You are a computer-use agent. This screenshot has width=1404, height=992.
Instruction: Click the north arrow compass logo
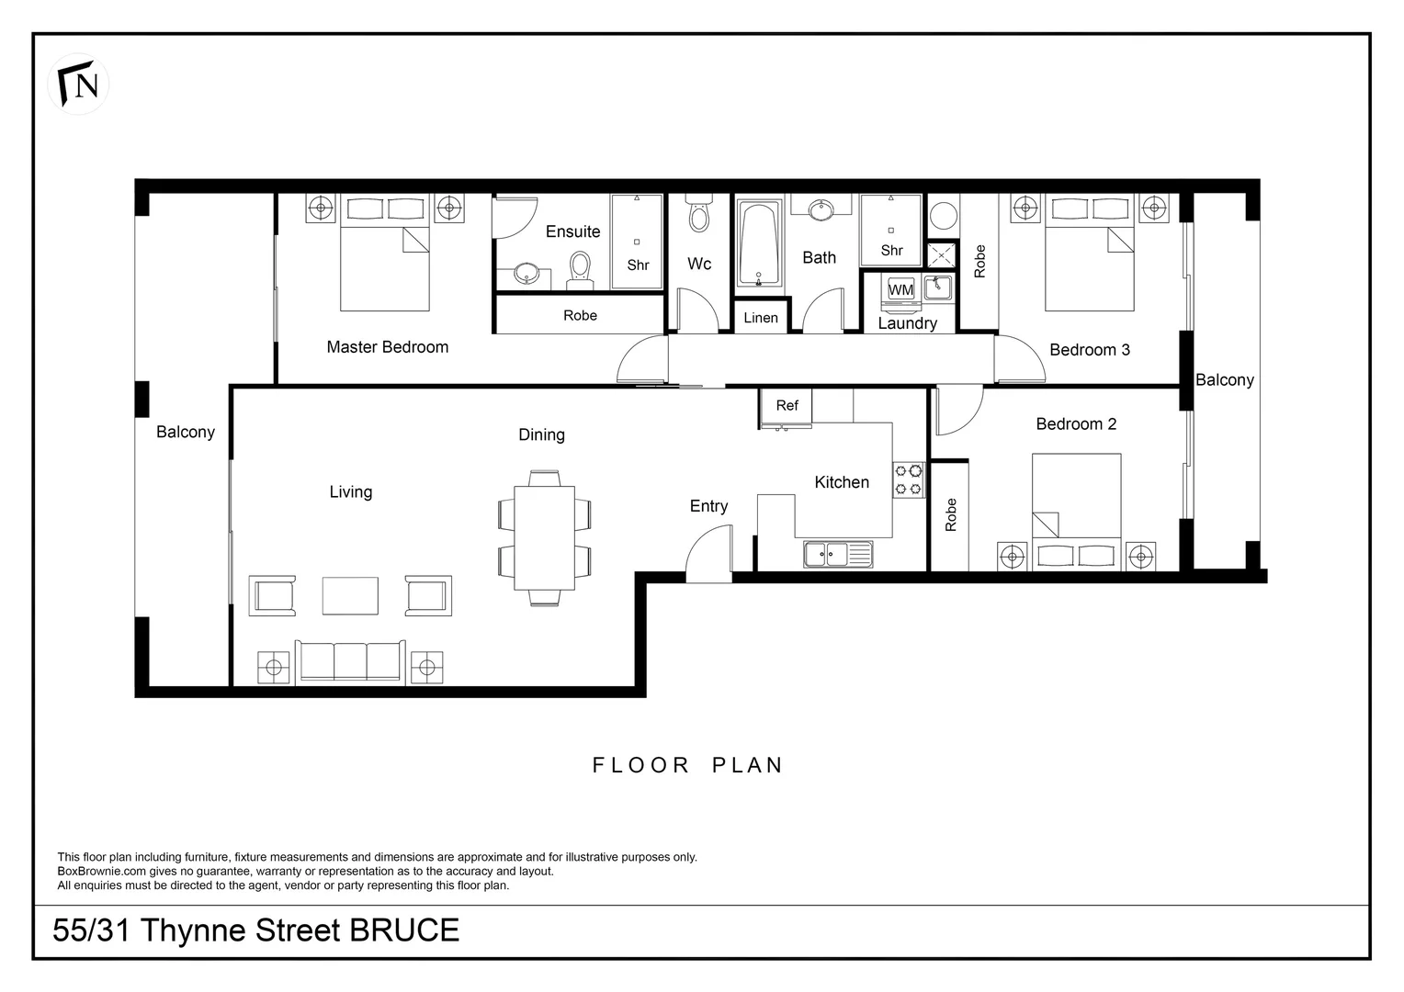(78, 84)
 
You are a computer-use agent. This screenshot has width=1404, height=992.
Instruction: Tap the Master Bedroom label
(387, 347)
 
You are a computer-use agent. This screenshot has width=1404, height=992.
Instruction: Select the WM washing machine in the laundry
(900, 289)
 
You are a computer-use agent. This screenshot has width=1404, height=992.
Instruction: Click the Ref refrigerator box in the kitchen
(787, 406)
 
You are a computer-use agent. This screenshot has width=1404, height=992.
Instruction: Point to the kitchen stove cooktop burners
(909, 479)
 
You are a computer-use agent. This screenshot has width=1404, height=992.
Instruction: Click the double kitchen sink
(837, 554)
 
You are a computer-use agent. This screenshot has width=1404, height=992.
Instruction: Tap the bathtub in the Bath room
(759, 243)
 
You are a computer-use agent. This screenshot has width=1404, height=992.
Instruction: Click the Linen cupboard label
(761, 318)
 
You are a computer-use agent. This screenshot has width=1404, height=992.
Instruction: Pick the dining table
(544, 538)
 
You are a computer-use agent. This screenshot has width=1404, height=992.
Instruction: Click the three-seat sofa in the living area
(349, 661)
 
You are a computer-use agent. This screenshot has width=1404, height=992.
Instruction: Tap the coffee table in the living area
(350, 595)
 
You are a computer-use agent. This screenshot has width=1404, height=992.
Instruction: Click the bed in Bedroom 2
(1076, 510)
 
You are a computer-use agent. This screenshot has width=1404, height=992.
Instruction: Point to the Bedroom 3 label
(1090, 350)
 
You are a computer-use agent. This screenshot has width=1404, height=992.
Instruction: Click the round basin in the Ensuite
(526, 274)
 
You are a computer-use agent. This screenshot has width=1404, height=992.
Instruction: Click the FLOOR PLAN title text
(687, 765)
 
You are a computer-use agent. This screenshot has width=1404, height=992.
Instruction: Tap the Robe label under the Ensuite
(580, 315)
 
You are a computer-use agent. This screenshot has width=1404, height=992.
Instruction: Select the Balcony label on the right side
(1224, 380)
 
